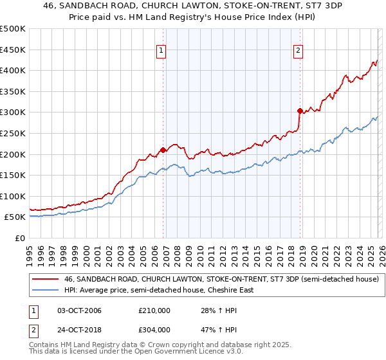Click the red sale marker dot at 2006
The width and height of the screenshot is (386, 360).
(x=163, y=150)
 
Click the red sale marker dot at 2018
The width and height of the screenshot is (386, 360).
(x=300, y=111)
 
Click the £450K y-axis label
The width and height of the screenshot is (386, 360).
(x=13, y=50)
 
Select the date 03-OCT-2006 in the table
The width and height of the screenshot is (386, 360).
(x=75, y=310)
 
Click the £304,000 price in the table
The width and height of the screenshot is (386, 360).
(x=154, y=330)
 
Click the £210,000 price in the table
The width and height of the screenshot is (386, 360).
(x=154, y=310)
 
